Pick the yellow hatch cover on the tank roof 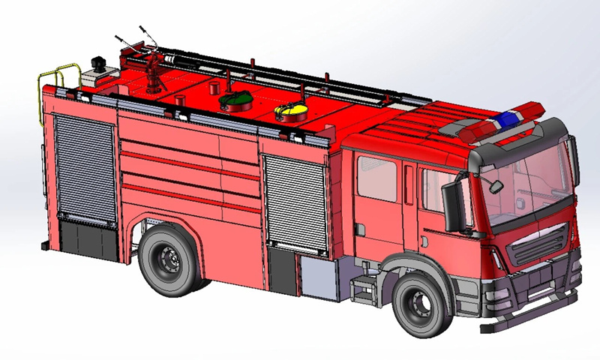pos(291,112)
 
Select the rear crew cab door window pos(376,178)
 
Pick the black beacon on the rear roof pos(98,61)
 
